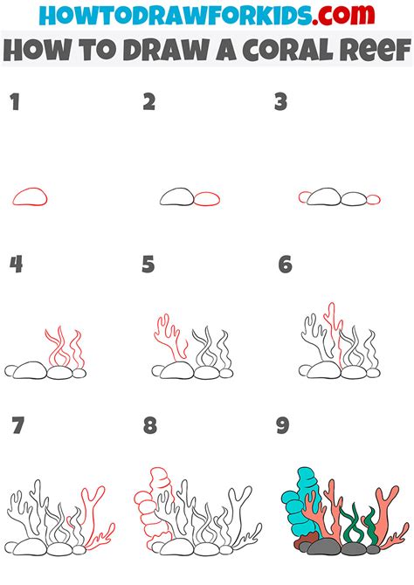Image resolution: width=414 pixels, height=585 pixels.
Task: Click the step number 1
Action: pyautogui.click(x=14, y=103)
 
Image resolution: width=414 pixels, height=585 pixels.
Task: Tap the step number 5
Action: pyautogui.click(x=148, y=264)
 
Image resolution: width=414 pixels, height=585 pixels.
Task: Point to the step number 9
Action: pyautogui.click(x=282, y=426)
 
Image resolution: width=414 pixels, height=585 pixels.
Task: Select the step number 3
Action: pyautogui.click(x=280, y=103)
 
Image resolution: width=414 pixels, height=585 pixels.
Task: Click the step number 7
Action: pyautogui.click(x=16, y=426)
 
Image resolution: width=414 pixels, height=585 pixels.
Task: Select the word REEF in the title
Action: pyautogui.click(x=368, y=51)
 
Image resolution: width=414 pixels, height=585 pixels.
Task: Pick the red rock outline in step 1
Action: pyautogui.click(x=29, y=196)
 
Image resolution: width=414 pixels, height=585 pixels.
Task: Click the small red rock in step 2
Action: pyautogui.click(x=207, y=199)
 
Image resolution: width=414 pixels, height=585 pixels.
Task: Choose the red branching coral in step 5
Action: pyautogui.click(x=166, y=336)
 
